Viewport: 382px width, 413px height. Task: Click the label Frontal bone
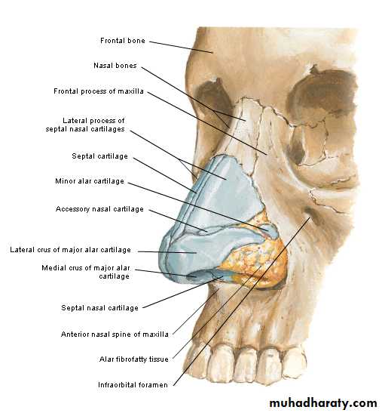click(x=123, y=41)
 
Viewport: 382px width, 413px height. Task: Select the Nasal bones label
click(x=115, y=66)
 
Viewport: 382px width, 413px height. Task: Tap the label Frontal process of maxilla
click(x=99, y=91)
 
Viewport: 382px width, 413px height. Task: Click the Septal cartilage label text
click(x=99, y=156)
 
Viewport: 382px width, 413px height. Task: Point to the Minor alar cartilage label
click(x=90, y=181)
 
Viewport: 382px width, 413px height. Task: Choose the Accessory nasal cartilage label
click(x=99, y=209)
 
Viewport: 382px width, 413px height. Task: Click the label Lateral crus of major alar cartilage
click(x=70, y=249)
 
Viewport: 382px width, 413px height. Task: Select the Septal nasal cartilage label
click(x=99, y=307)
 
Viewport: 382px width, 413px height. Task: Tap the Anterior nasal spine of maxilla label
click(x=115, y=334)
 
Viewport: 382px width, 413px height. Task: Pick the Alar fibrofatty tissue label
click(x=134, y=359)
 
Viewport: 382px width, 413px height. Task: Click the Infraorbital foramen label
click(x=133, y=385)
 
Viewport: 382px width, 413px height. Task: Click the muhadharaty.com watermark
click(x=323, y=403)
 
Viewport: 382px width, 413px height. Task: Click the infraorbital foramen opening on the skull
click(x=310, y=213)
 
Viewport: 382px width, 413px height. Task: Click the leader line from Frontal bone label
click(x=181, y=47)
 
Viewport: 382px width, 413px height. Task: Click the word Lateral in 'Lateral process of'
click(x=74, y=121)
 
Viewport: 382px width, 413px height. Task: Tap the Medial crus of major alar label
click(x=86, y=272)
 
